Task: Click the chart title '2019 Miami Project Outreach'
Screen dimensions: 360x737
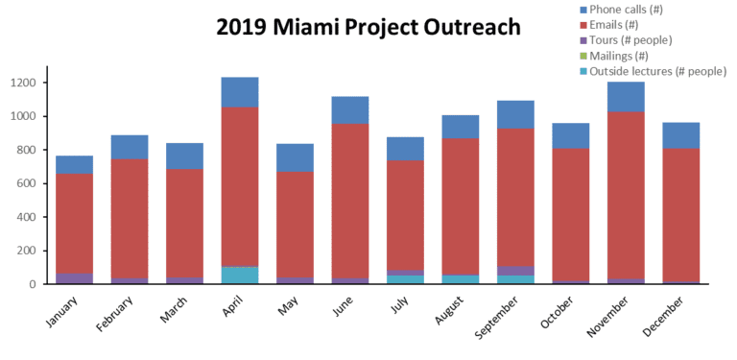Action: pos(368,27)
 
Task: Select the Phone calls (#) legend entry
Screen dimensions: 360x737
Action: pos(632,9)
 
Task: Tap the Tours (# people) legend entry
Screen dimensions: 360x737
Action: pos(637,39)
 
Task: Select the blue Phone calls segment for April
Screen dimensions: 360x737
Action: pos(240,92)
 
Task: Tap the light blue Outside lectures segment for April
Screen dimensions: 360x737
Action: pos(240,276)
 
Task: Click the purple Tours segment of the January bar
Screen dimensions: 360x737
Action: pos(74,278)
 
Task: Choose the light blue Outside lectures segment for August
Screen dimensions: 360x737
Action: pos(461,279)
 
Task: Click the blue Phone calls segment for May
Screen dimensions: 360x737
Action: pos(295,158)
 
